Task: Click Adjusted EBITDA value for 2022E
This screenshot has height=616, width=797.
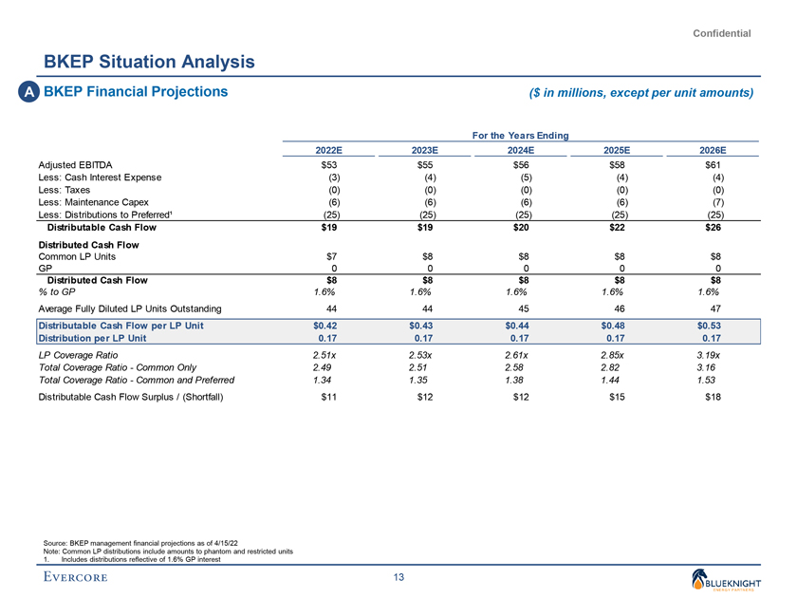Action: [x=329, y=165]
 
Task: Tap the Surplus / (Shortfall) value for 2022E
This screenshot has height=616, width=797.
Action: [x=329, y=397]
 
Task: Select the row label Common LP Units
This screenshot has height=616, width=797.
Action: [x=77, y=255]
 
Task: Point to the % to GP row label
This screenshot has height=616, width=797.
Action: [x=58, y=292]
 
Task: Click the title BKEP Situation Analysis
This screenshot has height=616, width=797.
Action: [x=148, y=62]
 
